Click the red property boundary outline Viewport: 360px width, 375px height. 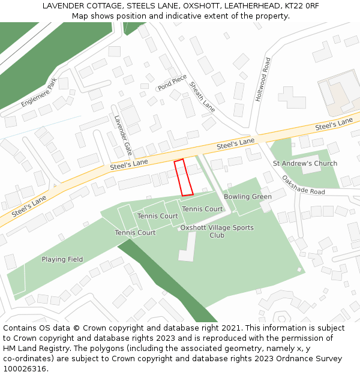point(184,177)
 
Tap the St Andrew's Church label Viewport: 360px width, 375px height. point(305,163)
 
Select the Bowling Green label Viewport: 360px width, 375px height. point(248,197)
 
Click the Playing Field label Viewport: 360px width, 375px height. point(62,259)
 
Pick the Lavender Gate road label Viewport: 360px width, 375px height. point(123,135)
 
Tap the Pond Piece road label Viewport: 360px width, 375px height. point(172,83)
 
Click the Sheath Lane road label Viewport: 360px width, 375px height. point(202,96)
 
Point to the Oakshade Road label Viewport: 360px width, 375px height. point(303,185)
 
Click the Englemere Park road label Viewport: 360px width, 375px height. point(38,92)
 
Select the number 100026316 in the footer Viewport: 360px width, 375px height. point(26,369)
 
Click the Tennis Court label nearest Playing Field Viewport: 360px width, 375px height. point(135,233)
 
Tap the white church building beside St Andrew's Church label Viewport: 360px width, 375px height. point(310,165)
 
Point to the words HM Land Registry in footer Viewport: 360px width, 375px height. point(30,349)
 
